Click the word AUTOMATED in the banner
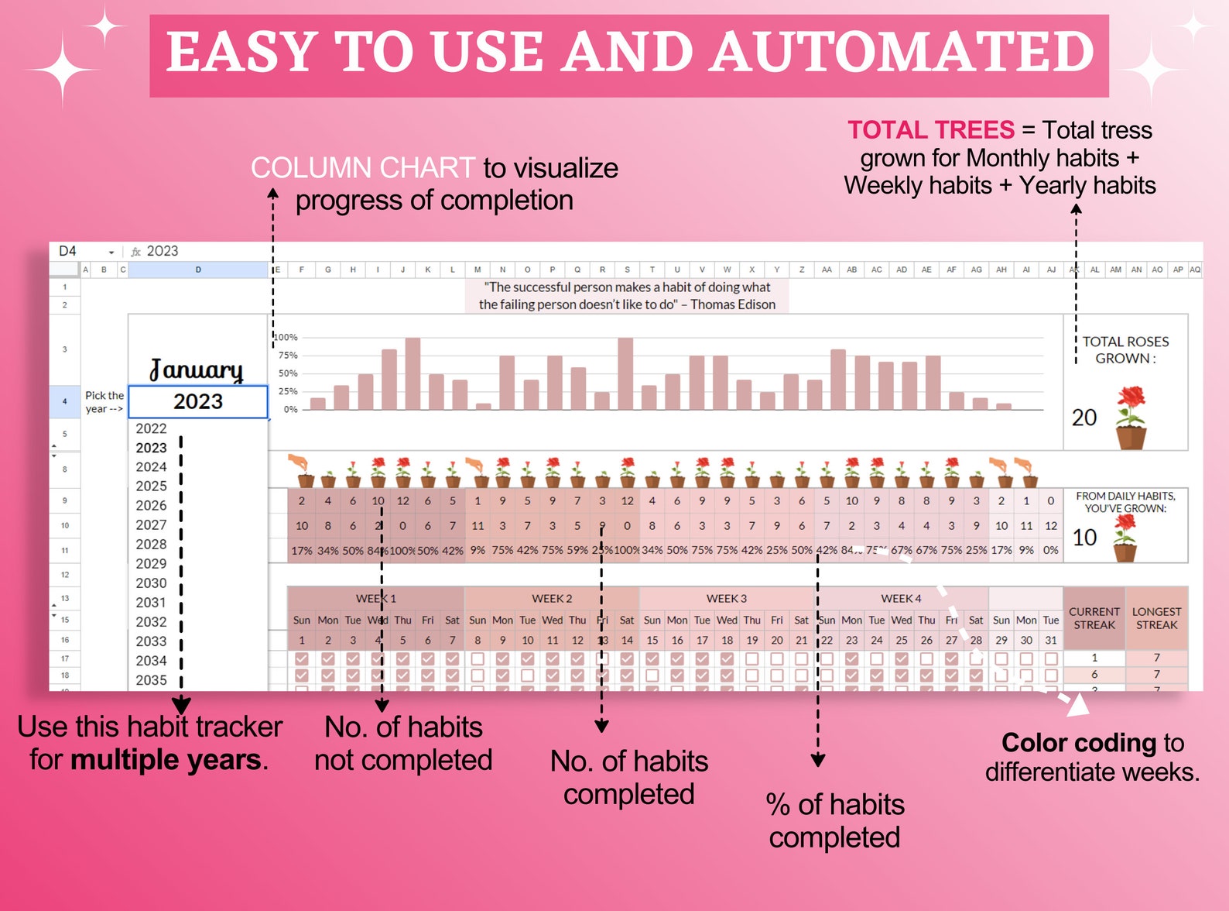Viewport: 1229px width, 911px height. [902, 53]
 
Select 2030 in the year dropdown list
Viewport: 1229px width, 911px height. [151, 583]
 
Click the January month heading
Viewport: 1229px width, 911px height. [197, 370]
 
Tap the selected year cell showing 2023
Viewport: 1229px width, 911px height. [198, 401]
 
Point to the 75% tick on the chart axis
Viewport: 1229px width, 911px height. [288, 355]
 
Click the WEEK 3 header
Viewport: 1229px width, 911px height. [726, 598]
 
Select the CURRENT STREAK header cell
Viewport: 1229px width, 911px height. [1094, 617]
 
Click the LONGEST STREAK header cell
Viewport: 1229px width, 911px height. [1156, 617]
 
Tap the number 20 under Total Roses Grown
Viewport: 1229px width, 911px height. [1084, 418]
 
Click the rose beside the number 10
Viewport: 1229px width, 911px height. [1125, 538]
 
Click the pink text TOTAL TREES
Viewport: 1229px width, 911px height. [930, 130]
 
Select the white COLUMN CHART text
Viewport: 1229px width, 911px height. [362, 168]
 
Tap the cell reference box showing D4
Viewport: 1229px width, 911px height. [68, 251]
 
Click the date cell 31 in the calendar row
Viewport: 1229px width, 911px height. [1050, 640]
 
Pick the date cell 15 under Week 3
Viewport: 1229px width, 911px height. [652, 640]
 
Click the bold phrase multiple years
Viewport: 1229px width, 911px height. [166, 760]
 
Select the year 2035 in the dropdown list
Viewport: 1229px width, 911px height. [151, 679]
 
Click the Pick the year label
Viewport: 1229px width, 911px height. [104, 401]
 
